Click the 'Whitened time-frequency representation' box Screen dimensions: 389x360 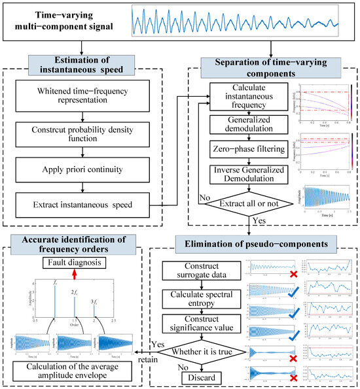(x=88, y=95)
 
